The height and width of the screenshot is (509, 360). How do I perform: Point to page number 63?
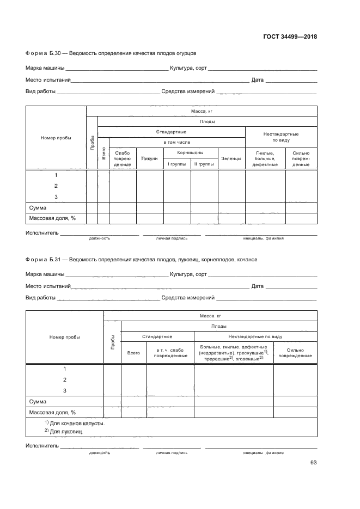313,463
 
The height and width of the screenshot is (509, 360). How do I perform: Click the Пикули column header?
149,158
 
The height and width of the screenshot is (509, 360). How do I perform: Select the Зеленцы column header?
231,158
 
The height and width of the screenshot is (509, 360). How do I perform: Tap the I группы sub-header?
176,164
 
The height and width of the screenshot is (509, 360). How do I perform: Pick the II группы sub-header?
204,164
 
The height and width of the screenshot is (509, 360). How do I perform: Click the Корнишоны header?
191,153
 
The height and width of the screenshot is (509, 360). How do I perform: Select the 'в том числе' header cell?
172,142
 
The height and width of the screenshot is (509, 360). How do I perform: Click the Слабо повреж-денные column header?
123,158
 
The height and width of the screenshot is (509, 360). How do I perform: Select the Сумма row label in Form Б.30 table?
38,207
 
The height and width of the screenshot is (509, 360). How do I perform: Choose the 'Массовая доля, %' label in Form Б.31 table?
52,412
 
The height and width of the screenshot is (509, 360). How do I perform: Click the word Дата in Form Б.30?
257,81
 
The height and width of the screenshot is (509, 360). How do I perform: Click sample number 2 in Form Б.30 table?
56,186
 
